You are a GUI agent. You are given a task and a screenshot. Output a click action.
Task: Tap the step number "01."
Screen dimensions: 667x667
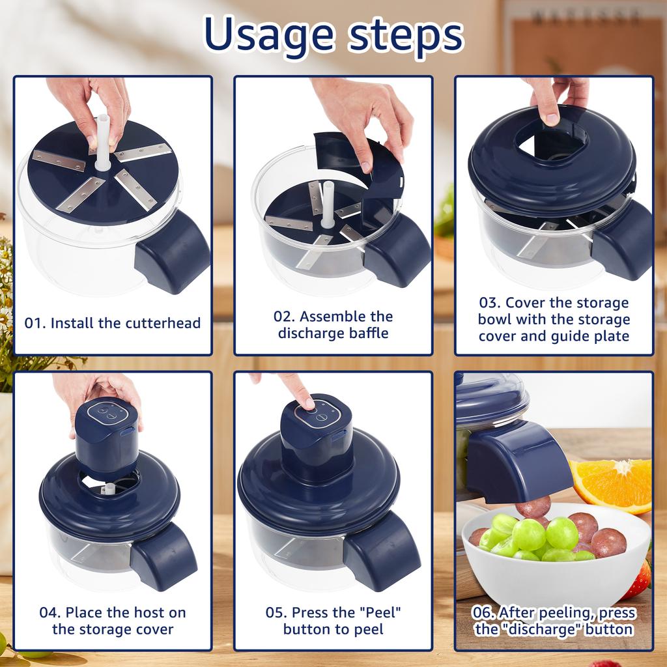(x=35, y=323)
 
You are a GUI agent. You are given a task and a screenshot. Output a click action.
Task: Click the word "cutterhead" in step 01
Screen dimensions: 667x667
(x=163, y=323)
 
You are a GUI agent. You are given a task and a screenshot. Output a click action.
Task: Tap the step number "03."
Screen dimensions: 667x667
(x=490, y=303)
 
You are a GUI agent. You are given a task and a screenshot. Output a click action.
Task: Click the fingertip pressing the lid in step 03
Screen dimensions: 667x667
(x=552, y=117)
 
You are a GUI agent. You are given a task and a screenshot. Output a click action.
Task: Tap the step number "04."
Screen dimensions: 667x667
(x=51, y=612)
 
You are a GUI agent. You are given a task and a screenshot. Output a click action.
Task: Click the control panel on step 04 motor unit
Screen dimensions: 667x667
(x=107, y=412)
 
